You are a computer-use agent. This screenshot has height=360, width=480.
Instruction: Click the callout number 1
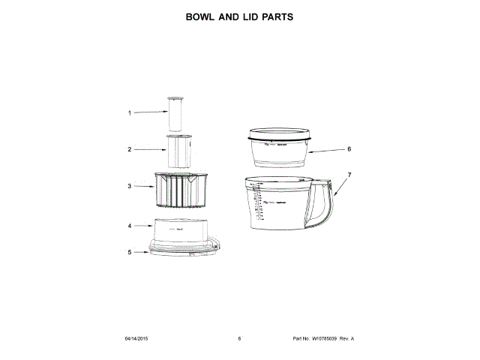(129, 113)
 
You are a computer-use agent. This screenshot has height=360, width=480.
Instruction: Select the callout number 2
(129, 149)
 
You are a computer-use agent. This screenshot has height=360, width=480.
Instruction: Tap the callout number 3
(129, 186)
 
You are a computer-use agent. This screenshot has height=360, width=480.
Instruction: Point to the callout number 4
(129, 225)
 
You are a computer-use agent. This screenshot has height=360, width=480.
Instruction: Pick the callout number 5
(129, 252)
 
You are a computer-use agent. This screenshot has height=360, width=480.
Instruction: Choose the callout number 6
(349, 148)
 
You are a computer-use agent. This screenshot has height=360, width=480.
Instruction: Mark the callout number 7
(349, 175)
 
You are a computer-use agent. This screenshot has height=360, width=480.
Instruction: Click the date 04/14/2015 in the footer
(136, 339)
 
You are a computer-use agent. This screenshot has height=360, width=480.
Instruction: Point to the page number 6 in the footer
(239, 339)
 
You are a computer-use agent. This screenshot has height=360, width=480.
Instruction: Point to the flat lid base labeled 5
(184, 250)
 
